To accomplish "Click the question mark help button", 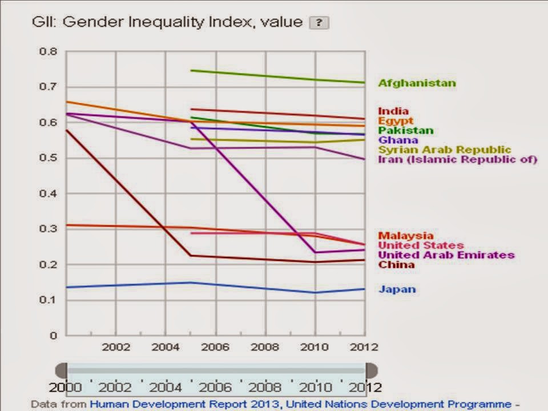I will tap(319, 23).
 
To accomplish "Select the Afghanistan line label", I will tap(417, 83).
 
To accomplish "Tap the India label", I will tap(393, 111).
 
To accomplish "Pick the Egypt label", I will tap(395, 121).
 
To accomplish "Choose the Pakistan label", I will tap(405, 131).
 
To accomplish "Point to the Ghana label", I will tap(398, 140).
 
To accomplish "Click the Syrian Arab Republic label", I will tap(444, 150).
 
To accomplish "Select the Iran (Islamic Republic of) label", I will tap(457, 159).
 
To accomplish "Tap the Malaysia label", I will tap(405, 236).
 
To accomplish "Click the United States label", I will tap(420, 245).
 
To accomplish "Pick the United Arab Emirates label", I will tap(446, 255).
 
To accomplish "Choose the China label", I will tap(396, 265).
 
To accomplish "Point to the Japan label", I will tap(397, 289).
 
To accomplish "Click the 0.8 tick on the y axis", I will tap(49, 51).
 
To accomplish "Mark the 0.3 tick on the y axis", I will tap(49, 229).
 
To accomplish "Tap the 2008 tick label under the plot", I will tap(265, 347).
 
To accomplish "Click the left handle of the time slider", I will tap(61, 370).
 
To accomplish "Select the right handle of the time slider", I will tap(372, 370).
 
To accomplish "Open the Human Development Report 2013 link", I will tap(185, 405).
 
